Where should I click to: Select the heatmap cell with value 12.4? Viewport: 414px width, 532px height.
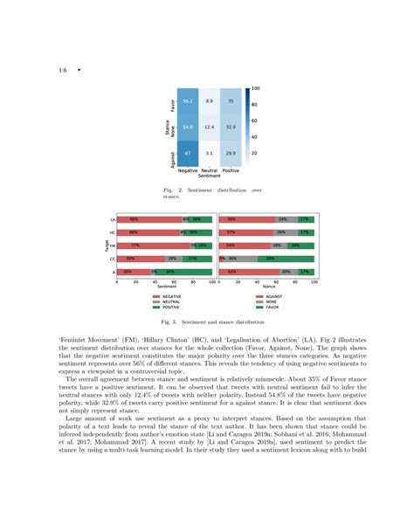(208, 127)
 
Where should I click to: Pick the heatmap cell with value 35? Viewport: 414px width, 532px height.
(230, 101)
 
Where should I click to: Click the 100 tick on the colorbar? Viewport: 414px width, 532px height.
(255, 88)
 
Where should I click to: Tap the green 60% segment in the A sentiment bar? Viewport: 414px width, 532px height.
(169, 273)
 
